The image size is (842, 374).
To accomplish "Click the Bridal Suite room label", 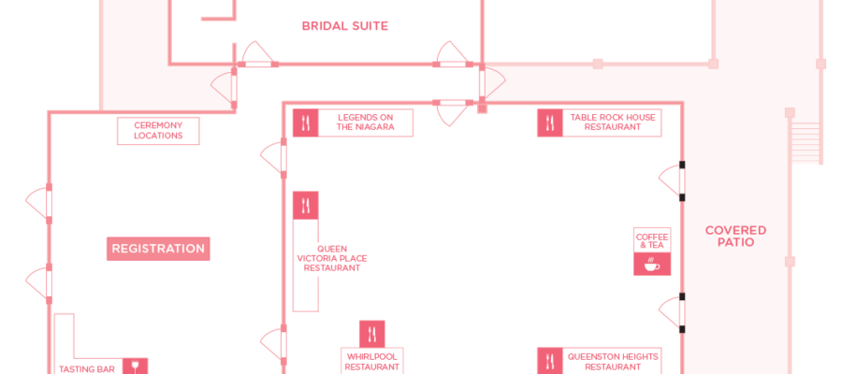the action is pyautogui.click(x=344, y=26).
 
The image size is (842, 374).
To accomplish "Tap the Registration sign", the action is pyautogui.click(x=158, y=249).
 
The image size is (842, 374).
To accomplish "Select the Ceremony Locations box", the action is pyautogui.click(x=158, y=130).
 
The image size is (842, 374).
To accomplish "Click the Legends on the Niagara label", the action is pyautogui.click(x=365, y=122).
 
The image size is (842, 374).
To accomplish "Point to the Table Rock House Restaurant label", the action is pyautogui.click(x=612, y=122).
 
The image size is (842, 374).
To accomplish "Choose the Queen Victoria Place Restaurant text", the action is pyautogui.click(x=332, y=258).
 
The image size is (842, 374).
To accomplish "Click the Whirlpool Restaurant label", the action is pyautogui.click(x=372, y=362).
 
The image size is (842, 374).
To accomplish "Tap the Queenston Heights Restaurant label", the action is pyautogui.click(x=612, y=362).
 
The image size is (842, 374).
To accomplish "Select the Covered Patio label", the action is pyautogui.click(x=735, y=237).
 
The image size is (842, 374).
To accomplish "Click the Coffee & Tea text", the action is pyautogui.click(x=652, y=241).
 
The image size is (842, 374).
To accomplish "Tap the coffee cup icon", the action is pyautogui.click(x=652, y=264).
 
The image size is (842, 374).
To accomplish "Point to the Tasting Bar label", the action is pyautogui.click(x=86, y=369).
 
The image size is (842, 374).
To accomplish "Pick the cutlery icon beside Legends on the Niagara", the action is pyautogui.click(x=306, y=122).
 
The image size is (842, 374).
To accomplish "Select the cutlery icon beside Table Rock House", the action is pyautogui.click(x=550, y=122).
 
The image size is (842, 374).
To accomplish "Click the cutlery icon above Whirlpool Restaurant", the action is pyautogui.click(x=372, y=335).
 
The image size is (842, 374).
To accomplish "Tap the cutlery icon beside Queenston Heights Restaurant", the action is pyautogui.click(x=550, y=361).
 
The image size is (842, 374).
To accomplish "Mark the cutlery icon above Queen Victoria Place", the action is pyautogui.click(x=306, y=206).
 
